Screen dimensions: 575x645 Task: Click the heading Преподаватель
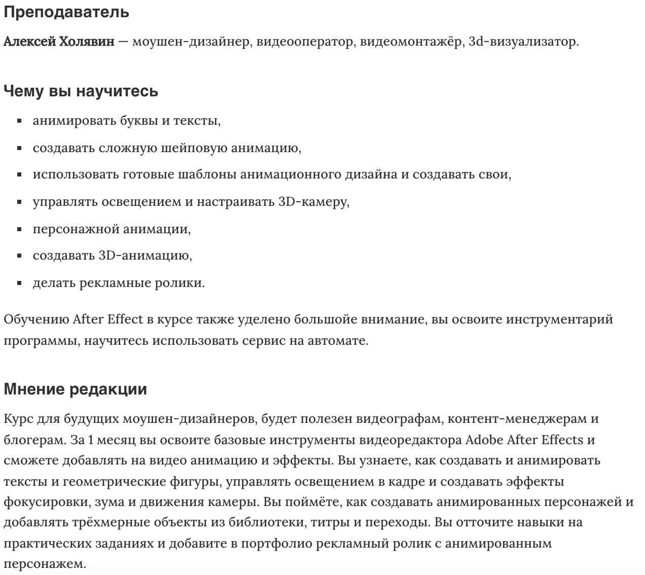point(66,12)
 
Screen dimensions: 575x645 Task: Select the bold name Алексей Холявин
point(59,42)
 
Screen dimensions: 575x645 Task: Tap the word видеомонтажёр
point(411,42)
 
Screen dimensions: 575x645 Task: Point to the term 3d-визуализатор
point(522,42)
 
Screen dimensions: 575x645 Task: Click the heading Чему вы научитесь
point(81,91)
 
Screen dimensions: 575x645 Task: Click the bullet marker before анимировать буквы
point(19,121)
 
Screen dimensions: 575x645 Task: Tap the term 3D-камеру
point(313,202)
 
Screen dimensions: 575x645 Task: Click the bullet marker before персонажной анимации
point(19,229)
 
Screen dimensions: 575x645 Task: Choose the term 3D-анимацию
point(144,256)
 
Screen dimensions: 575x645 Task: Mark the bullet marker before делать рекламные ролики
point(19,283)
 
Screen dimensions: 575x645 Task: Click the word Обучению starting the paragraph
point(36,320)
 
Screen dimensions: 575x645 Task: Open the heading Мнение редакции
point(75,389)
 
